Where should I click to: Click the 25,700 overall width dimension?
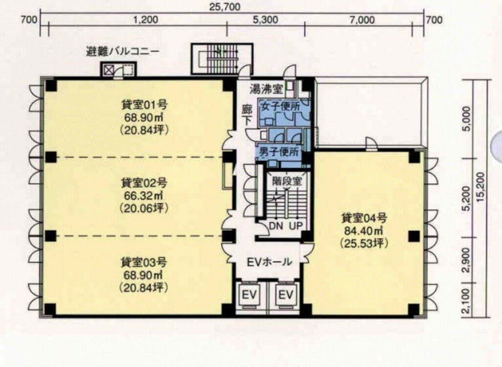(x=225, y=6)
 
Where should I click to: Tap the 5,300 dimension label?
(x=265, y=20)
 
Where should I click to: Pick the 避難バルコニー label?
(x=122, y=51)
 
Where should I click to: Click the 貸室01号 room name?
(x=144, y=105)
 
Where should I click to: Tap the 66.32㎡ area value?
(x=144, y=195)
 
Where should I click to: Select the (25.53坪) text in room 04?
(x=364, y=244)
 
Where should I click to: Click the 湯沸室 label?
(x=267, y=90)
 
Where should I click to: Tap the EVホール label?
(x=270, y=262)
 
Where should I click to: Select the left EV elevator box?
(x=249, y=295)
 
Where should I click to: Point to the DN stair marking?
(x=276, y=226)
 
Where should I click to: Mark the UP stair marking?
(x=296, y=226)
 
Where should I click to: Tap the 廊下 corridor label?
(x=247, y=115)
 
